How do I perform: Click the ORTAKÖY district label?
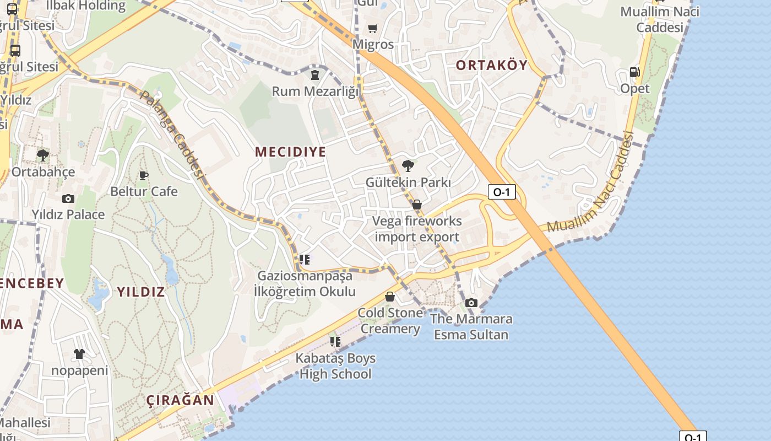click(x=491, y=65)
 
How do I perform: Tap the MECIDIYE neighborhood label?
click(x=290, y=152)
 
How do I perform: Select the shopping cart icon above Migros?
click(x=373, y=28)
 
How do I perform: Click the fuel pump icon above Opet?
click(x=634, y=72)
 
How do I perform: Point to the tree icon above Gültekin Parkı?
click(x=408, y=165)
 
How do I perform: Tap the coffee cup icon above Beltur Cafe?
click(x=144, y=175)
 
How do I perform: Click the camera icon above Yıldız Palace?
click(x=68, y=198)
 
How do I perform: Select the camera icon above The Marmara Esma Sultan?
click(x=471, y=303)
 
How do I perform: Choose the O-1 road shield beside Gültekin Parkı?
click(x=502, y=192)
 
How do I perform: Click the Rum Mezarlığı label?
click(x=315, y=91)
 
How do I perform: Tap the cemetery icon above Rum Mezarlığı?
click(x=315, y=74)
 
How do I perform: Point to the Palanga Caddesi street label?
click(x=172, y=134)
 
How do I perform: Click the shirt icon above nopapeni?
click(x=79, y=353)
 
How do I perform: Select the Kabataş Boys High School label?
click(x=335, y=366)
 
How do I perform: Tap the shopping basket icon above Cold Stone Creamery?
click(x=390, y=297)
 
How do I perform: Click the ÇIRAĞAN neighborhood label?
click(x=181, y=400)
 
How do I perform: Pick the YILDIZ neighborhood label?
click(x=141, y=292)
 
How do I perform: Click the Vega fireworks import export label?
click(x=417, y=229)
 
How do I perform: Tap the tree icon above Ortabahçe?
click(x=42, y=155)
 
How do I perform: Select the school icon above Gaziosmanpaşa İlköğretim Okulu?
click(x=305, y=259)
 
